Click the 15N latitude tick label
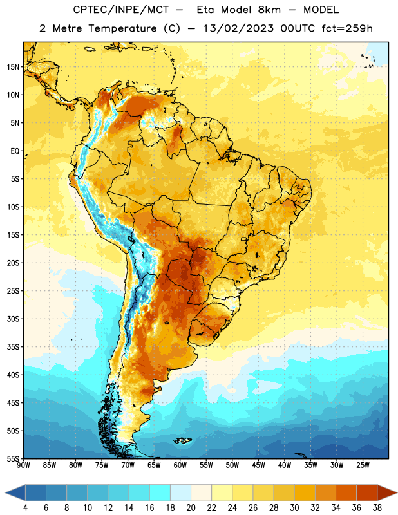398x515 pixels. [x=13, y=67]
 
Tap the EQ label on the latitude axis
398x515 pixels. [x=15, y=151]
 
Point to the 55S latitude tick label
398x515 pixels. [x=13, y=459]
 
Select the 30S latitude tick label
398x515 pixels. [x=13, y=319]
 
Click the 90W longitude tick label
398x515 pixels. [x=23, y=465]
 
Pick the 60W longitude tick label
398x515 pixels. [x=180, y=465]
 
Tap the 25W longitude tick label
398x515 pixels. [x=363, y=465]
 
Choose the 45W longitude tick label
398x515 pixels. [x=258, y=465]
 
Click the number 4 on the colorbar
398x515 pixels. [x=25, y=508]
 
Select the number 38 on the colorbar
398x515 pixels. [x=377, y=508]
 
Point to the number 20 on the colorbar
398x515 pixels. [x=191, y=508]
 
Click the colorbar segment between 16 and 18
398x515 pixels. [x=160, y=493]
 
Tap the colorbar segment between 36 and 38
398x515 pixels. [x=367, y=493]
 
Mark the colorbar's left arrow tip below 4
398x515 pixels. [x=5, y=493]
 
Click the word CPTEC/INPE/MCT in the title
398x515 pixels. [x=121, y=10]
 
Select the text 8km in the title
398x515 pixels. [x=269, y=10]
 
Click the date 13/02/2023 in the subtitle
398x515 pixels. [x=238, y=28]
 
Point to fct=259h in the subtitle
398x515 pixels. [x=347, y=28]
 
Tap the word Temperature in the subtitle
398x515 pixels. [x=122, y=28]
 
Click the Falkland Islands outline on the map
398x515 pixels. [x=182, y=440]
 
